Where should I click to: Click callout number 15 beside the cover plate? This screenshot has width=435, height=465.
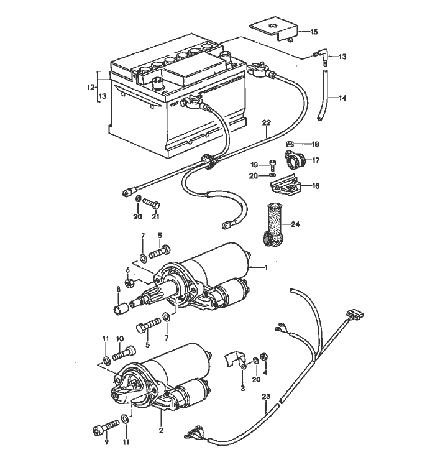point(313,31)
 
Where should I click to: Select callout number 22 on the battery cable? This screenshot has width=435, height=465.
point(267,122)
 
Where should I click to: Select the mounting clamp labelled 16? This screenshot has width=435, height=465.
point(286,185)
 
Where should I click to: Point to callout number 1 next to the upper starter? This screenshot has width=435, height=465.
point(266,267)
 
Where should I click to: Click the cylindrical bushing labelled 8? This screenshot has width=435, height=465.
point(121,307)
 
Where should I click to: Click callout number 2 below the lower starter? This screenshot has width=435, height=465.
point(161,430)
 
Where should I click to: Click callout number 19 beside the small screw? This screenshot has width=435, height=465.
point(254,165)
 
